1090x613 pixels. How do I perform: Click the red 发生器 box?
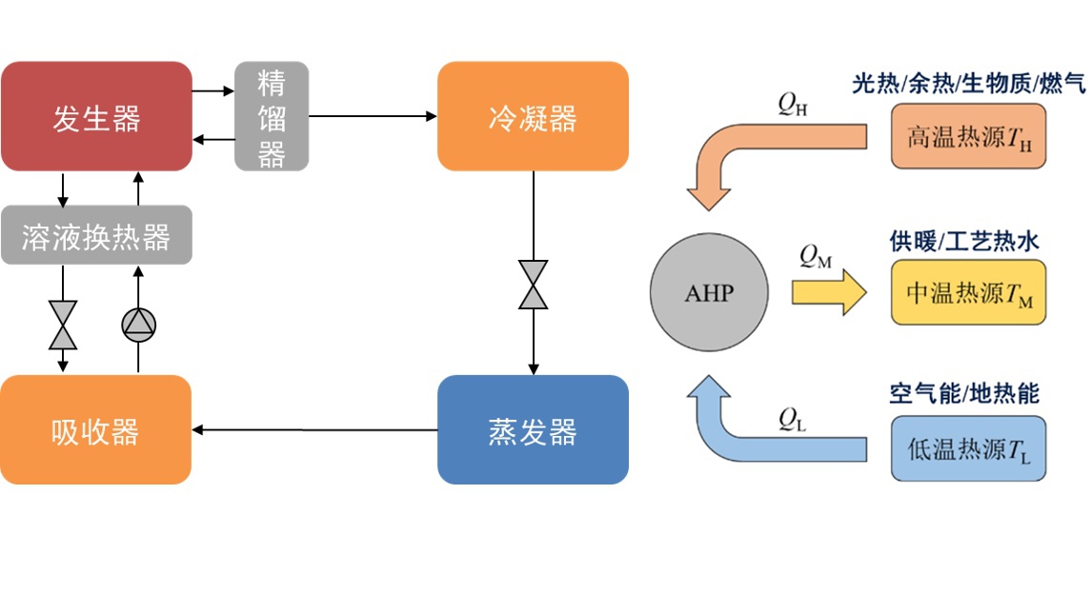(x=96, y=116)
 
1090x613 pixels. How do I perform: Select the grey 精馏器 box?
(x=272, y=116)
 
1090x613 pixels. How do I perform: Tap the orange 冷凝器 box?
(x=533, y=116)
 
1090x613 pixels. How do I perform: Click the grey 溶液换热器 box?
(x=96, y=235)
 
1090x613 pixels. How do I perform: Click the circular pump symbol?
(x=138, y=326)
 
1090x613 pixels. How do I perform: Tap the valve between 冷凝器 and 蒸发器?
(x=534, y=285)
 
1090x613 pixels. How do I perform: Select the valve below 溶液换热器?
(x=64, y=326)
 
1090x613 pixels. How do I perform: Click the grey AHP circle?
(x=710, y=292)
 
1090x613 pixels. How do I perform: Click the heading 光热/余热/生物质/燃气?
(x=968, y=85)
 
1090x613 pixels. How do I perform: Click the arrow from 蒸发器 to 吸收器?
(x=314, y=429)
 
